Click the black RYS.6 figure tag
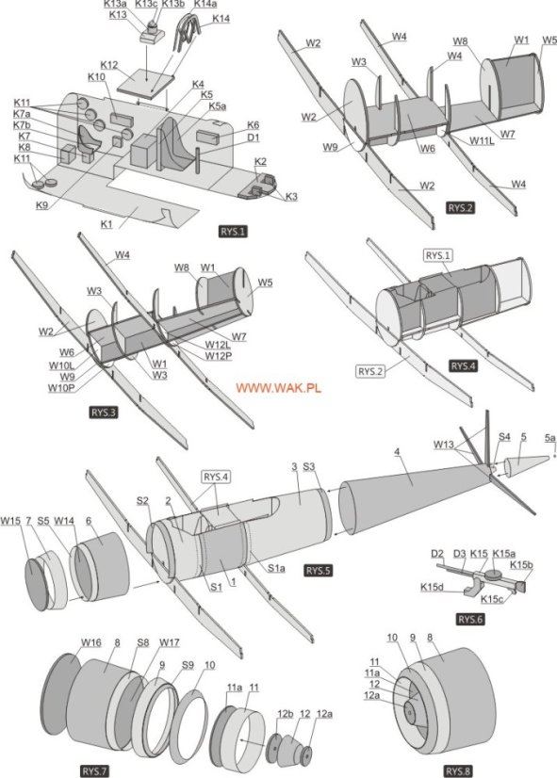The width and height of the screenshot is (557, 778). tap(469, 619)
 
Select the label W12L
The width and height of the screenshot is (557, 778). tap(219, 345)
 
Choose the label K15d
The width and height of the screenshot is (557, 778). tap(434, 587)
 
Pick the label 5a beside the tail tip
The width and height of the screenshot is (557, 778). tap(549, 438)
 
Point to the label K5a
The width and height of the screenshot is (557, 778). tap(218, 106)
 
